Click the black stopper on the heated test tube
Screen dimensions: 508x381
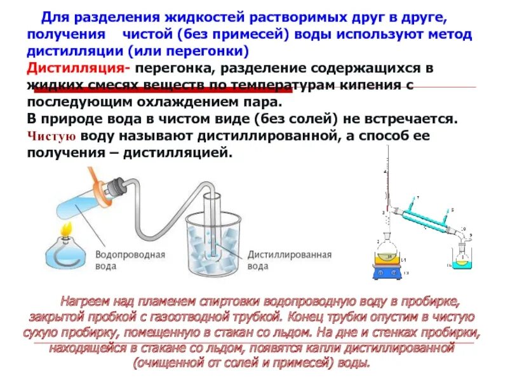116,185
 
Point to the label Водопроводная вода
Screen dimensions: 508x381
130,260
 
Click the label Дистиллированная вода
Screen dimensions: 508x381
290,260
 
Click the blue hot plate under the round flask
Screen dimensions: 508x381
386,271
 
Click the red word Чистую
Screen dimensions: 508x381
53,136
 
